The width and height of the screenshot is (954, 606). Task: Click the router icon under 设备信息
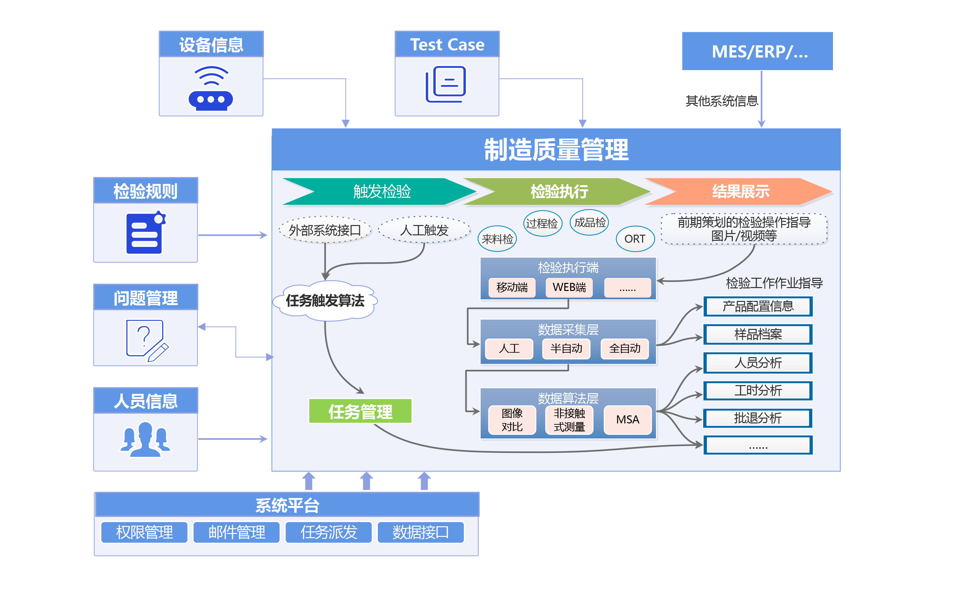click(x=211, y=89)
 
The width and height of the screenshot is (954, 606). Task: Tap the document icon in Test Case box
click(x=446, y=84)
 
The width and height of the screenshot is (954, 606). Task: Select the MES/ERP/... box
click(x=757, y=51)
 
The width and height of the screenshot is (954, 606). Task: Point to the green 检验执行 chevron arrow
click(x=559, y=192)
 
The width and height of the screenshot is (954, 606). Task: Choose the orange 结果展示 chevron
click(x=740, y=192)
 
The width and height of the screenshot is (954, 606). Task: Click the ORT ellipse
click(x=635, y=239)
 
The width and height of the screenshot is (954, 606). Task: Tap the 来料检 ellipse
click(x=497, y=239)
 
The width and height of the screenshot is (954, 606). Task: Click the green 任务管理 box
click(x=360, y=412)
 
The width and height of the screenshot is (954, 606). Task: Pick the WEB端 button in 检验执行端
click(x=569, y=287)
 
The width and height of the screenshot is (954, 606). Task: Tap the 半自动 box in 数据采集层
click(x=566, y=348)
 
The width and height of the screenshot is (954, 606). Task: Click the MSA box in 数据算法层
click(x=628, y=420)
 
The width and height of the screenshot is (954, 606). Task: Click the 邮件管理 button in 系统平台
click(x=237, y=532)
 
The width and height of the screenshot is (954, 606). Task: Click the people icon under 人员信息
click(x=145, y=440)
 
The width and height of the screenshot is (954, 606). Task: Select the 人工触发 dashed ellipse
click(x=424, y=230)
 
